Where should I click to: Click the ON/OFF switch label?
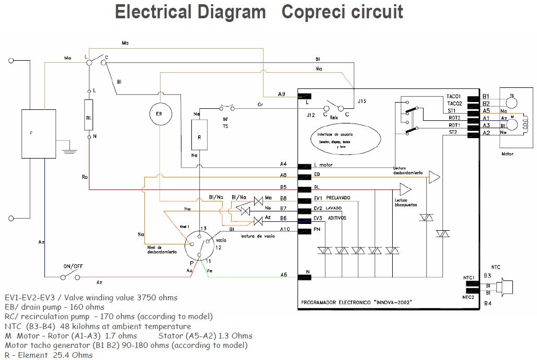[x=73, y=266]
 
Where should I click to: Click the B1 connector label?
[x=486, y=97]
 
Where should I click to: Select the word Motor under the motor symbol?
[x=507, y=154]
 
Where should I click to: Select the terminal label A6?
[x=284, y=275]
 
